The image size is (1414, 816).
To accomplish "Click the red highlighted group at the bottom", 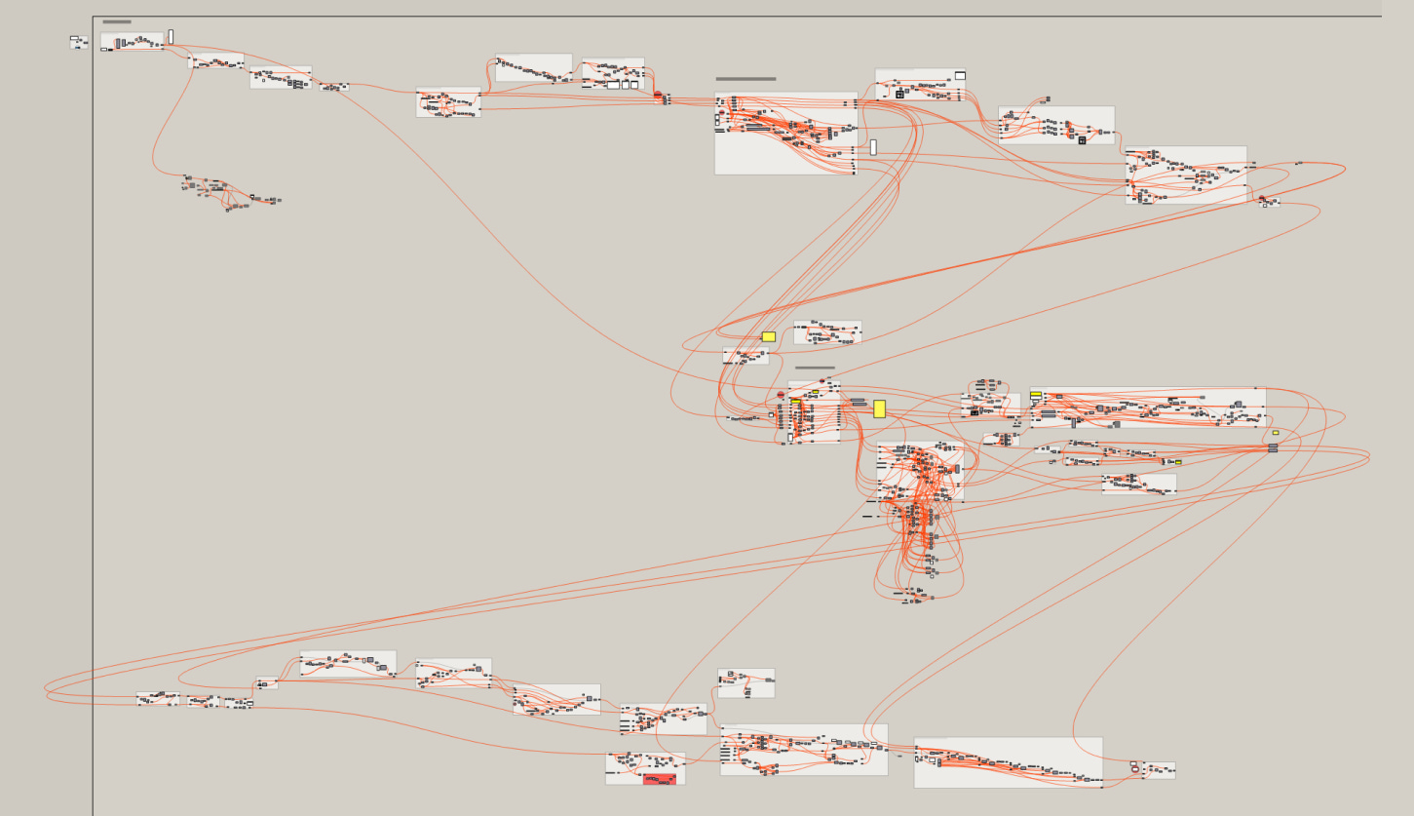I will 660,778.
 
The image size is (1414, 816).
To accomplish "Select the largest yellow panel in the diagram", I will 879,408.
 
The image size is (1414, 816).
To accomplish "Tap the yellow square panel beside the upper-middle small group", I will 768,336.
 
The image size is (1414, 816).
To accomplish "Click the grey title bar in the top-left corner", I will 116,21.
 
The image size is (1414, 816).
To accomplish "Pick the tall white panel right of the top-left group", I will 171,36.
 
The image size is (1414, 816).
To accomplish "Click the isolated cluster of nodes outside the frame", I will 78,42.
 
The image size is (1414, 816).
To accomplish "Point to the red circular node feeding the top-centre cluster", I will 658,96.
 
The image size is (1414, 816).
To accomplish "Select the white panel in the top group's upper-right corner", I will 960,75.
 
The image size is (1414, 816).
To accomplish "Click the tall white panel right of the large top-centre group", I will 873,147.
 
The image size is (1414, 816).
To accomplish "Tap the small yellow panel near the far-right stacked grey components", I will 1275,433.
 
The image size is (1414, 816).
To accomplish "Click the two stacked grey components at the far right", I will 1273,447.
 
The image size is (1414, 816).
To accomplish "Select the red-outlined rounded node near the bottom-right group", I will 1134,768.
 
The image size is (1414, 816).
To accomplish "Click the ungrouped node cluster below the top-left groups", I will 229,192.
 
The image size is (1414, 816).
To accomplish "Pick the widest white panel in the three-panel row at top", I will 614,85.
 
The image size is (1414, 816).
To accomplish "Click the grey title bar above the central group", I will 815,368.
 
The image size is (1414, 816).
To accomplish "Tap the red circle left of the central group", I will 781,395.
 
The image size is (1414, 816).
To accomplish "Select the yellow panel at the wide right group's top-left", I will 1035,395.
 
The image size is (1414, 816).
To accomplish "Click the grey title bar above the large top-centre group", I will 745,79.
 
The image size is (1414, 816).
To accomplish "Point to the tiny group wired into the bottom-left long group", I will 267,683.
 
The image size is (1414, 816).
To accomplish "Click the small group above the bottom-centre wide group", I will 746,682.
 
